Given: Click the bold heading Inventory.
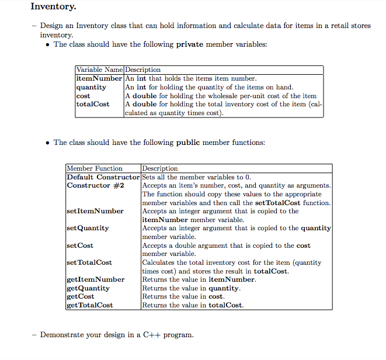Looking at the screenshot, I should [x=53, y=7].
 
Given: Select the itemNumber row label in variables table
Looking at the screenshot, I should [x=99, y=78].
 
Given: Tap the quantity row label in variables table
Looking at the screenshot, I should [x=92, y=87].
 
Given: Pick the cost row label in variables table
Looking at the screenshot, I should [x=84, y=95].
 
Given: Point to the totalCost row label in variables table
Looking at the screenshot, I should [x=93, y=104].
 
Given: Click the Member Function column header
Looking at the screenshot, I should [x=95, y=168].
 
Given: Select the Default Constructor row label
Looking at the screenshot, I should [x=103, y=177].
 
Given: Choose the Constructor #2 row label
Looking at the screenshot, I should [x=95, y=185].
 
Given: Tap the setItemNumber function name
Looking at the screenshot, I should [x=95, y=211].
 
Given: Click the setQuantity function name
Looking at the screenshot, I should [x=88, y=228].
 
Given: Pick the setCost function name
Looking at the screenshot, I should [x=81, y=245].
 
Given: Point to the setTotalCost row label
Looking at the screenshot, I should [x=89, y=262].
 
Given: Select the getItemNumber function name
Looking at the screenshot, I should [x=96, y=279].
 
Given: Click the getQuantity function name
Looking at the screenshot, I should [x=88, y=288].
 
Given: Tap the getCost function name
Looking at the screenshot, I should [x=81, y=296].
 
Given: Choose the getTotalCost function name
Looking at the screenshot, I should [x=90, y=305].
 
